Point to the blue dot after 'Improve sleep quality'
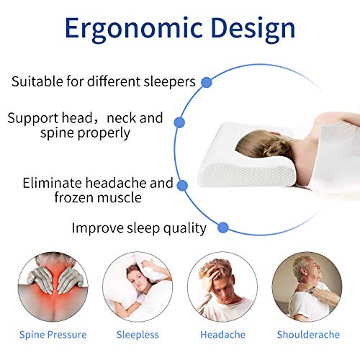click(223, 228)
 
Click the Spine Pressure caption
click(53, 335)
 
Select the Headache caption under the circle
click(222, 335)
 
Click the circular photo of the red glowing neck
click(53, 287)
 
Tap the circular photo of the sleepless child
click(138, 287)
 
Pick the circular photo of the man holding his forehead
click(222, 287)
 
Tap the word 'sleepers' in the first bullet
click(171, 81)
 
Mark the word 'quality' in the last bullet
click(182, 229)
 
